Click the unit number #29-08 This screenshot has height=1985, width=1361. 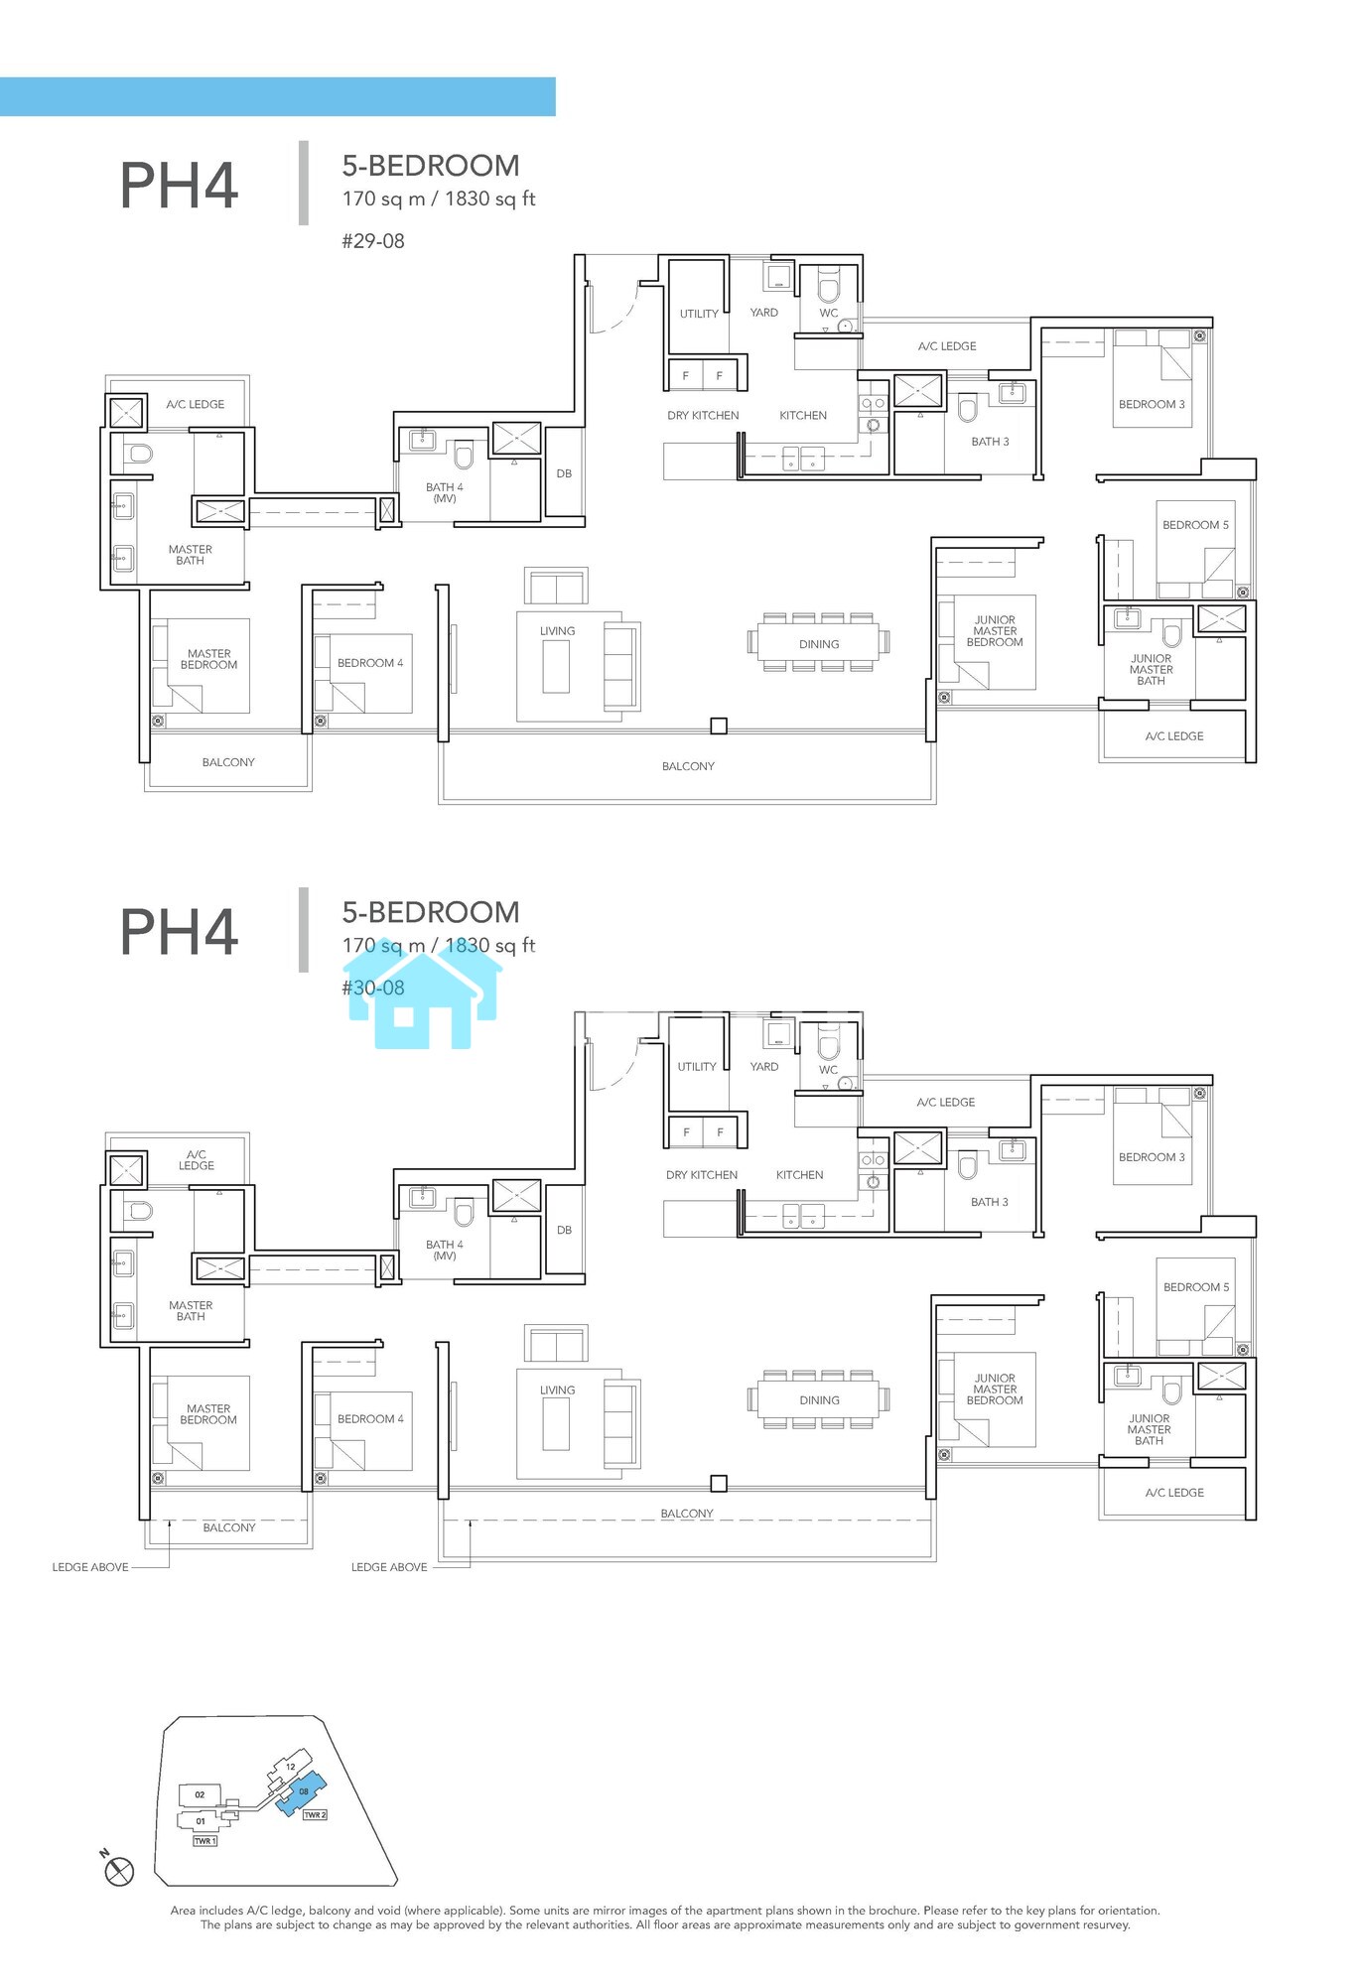click(373, 241)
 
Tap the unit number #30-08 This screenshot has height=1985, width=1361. click(373, 988)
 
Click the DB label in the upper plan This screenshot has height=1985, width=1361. click(564, 473)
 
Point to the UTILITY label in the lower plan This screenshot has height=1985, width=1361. click(697, 1067)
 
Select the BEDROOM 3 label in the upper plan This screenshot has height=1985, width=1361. click(1152, 404)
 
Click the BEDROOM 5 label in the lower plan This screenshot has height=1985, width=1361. click(1196, 1287)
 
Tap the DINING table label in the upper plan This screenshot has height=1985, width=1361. click(819, 644)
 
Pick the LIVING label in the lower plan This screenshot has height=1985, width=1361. click(558, 1390)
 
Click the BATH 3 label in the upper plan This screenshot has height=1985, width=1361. click(990, 442)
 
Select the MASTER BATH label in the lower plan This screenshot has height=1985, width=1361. click(191, 1311)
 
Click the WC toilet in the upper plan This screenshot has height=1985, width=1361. click(828, 288)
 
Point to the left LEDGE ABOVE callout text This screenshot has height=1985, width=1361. click(90, 1567)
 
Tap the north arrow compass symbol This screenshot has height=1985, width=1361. click(118, 1871)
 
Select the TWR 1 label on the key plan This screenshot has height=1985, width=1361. click(204, 1841)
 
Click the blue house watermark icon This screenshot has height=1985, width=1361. click(423, 992)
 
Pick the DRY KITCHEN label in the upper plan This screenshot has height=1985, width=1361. click(703, 416)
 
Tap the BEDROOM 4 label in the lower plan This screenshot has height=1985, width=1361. click(370, 1419)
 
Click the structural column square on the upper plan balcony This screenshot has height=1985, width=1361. click(719, 727)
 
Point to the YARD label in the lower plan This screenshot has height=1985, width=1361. click(764, 1067)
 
